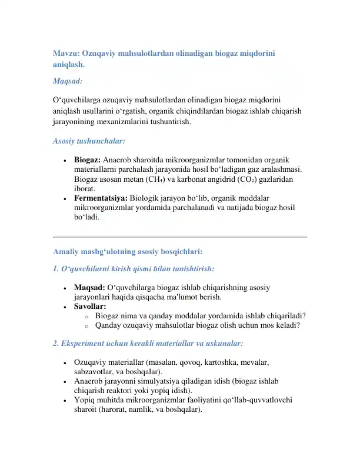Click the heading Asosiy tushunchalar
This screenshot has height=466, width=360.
(88, 141)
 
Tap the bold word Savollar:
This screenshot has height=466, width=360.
(90, 307)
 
